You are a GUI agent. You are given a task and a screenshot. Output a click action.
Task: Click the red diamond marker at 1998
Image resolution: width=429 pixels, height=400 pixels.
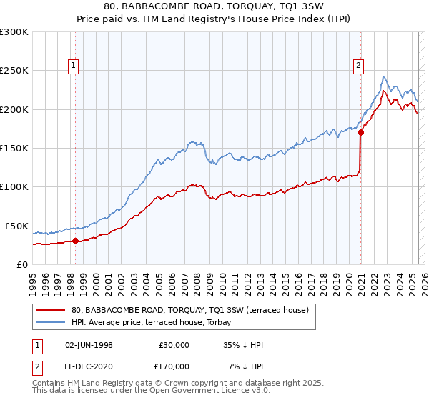pyautogui.click(x=75, y=241)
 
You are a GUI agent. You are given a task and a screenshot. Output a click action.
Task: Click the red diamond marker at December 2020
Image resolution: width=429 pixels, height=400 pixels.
pyautogui.click(x=361, y=132)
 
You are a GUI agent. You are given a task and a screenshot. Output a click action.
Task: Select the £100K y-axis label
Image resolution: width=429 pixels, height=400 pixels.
pyautogui.click(x=14, y=186)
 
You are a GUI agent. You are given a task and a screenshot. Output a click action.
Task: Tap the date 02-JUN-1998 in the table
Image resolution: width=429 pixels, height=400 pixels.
pyautogui.click(x=89, y=345)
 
